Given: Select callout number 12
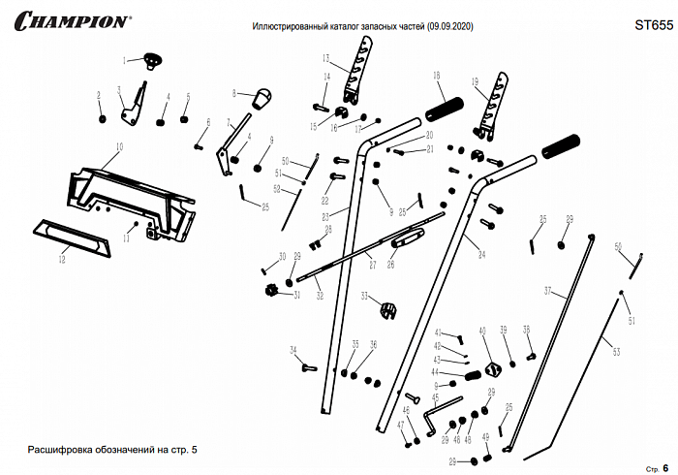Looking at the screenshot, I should coord(62,259).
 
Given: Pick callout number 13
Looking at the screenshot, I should coord(327,59).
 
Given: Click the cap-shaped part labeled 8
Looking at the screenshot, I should coord(262,97).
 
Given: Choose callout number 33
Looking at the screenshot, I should coord(364,295).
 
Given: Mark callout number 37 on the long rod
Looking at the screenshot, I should coord(547,290).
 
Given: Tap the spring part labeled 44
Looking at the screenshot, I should coord(472,374).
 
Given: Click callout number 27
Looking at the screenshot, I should coord(371,261).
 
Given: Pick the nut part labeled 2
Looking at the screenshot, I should coord(101,117).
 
